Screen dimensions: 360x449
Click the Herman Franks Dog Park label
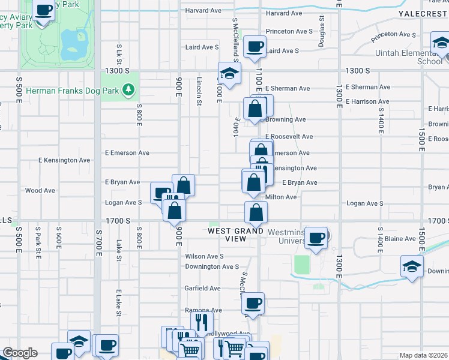(59, 90)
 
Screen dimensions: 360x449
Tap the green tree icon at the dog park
(127, 90)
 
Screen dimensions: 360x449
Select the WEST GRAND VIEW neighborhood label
(236, 235)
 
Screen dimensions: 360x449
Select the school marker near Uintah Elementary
(441, 43)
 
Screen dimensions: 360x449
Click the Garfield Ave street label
(202, 288)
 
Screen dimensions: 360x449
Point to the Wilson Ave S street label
(204, 256)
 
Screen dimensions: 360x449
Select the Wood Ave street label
(40, 191)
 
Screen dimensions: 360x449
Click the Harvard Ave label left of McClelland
(203, 11)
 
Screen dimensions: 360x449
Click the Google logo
(20, 353)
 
